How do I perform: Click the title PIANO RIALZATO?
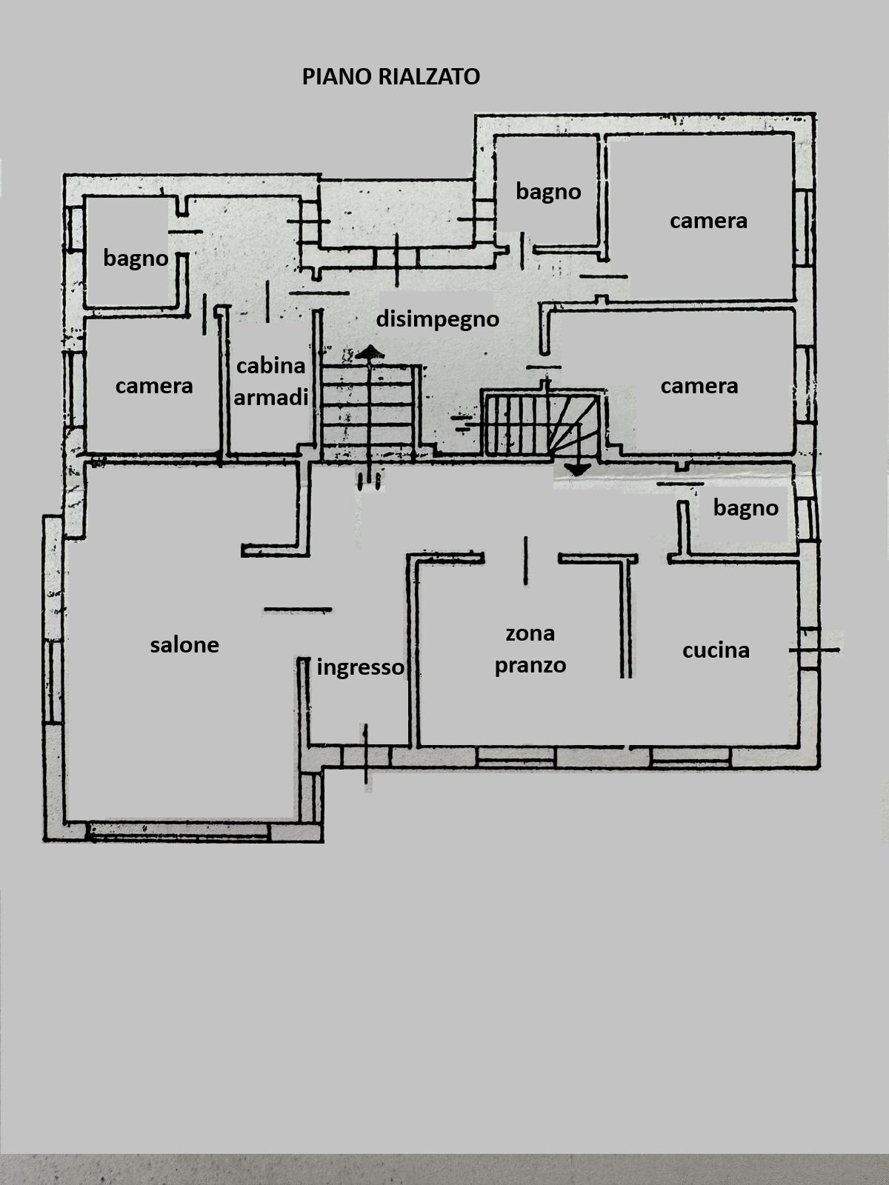pyautogui.click(x=390, y=76)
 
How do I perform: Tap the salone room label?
pyautogui.click(x=184, y=644)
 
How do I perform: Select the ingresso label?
pyautogui.click(x=360, y=667)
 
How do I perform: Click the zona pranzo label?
pyautogui.click(x=530, y=649)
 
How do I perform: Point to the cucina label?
pyautogui.click(x=716, y=650)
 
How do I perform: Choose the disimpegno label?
pyautogui.click(x=437, y=319)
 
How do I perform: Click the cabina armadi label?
pyautogui.click(x=271, y=381)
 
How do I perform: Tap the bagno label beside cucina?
pyautogui.click(x=745, y=507)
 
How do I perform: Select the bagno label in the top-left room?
pyautogui.click(x=136, y=258)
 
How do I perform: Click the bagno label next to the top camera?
pyautogui.click(x=548, y=191)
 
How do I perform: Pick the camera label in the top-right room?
pyautogui.click(x=708, y=220)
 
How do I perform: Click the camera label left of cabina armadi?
pyautogui.click(x=154, y=385)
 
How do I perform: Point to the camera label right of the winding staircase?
pyautogui.click(x=699, y=385)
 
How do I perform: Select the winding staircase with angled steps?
pyautogui.click(x=543, y=424)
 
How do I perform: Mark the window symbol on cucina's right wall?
pyautogui.click(x=813, y=650)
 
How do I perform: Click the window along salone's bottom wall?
pyautogui.click(x=178, y=831)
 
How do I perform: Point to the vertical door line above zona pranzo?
pyautogui.click(x=526, y=561)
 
